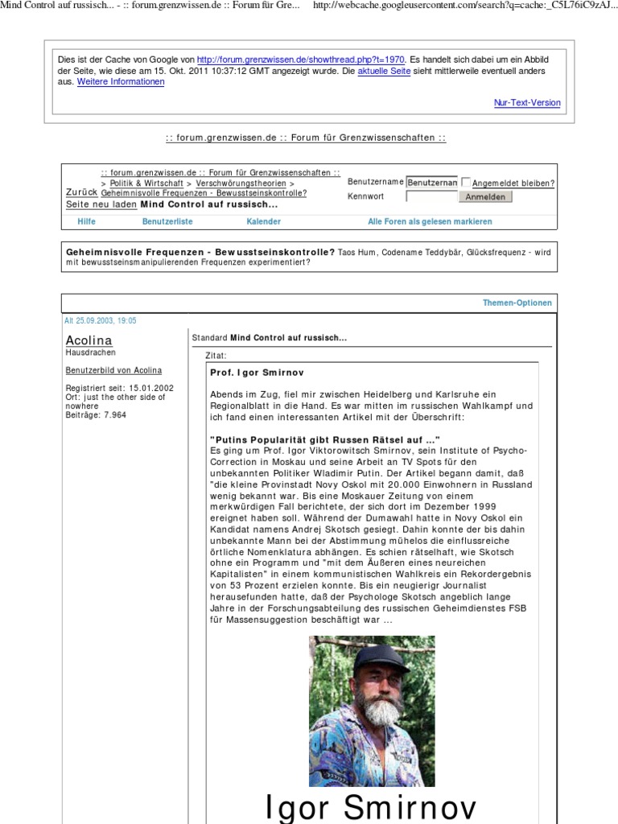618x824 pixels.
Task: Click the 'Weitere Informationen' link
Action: [x=121, y=82]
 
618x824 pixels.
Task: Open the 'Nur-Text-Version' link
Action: [x=527, y=103]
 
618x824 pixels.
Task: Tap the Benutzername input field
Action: [x=431, y=183]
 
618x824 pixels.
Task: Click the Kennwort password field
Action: [x=431, y=196]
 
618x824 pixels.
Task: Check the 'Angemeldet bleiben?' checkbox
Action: [x=466, y=183]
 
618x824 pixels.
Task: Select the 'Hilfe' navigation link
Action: [x=86, y=221]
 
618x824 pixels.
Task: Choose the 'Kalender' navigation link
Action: [x=264, y=221]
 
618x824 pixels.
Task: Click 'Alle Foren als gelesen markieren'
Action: [x=430, y=221]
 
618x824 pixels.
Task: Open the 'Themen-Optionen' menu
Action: [x=517, y=303]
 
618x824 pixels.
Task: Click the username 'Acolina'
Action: [x=89, y=340]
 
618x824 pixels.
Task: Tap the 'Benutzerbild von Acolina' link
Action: [x=113, y=370]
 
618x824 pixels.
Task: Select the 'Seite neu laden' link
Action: [x=101, y=204]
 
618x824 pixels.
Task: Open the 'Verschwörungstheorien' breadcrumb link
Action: [x=241, y=183]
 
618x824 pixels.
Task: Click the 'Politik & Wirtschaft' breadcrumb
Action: [x=146, y=183]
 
